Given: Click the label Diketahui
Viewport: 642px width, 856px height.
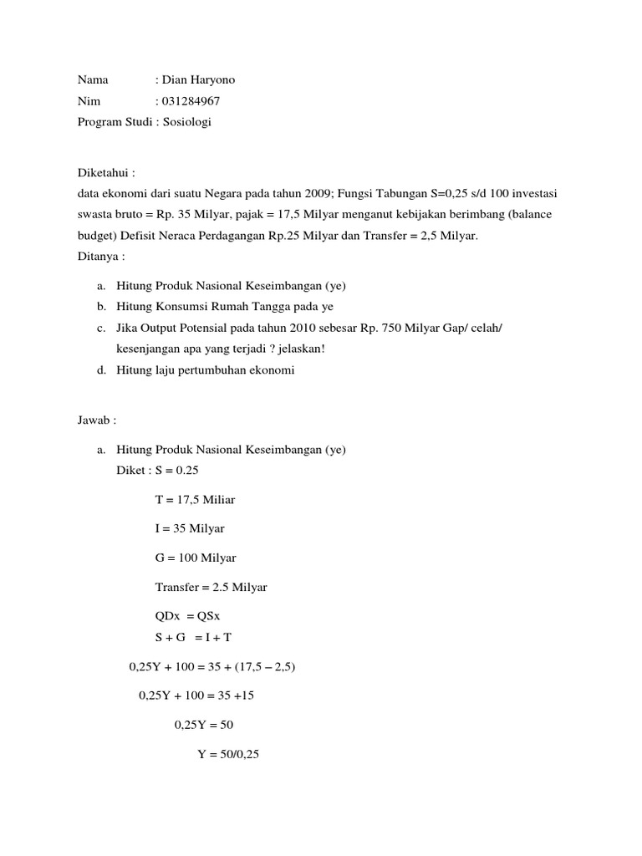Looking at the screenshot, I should (x=104, y=172).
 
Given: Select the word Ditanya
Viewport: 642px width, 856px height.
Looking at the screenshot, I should (x=99, y=256).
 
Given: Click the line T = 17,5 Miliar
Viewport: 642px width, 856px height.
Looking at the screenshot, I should (x=196, y=500).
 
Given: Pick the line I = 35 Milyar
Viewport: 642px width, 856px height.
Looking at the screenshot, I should (x=190, y=529).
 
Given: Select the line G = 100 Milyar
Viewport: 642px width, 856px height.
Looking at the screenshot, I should (x=196, y=558).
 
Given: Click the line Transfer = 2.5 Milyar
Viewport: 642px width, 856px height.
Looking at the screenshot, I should (x=211, y=588).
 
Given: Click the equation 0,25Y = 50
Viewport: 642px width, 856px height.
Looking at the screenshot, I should (x=204, y=725).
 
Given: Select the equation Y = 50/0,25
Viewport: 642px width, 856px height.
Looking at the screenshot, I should (x=228, y=754).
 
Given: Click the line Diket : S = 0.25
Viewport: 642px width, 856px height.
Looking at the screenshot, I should (x=157, y=471).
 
